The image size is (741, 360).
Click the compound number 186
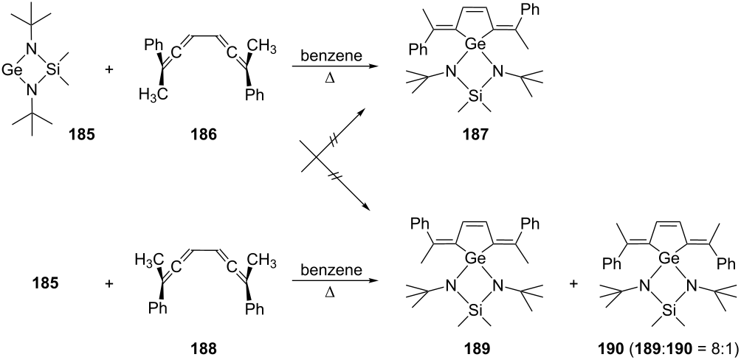pyautogui.click(x=204, y=136)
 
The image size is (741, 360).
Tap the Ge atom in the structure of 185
pyautogui.click(x=10, y=71)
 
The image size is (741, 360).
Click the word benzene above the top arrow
pyautogui.click(x=334, y=56)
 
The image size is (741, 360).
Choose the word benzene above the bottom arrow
pyautogui.click(x=334, y=270)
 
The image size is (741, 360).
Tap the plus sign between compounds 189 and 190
pyautogui.click(x=573, y=285)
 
